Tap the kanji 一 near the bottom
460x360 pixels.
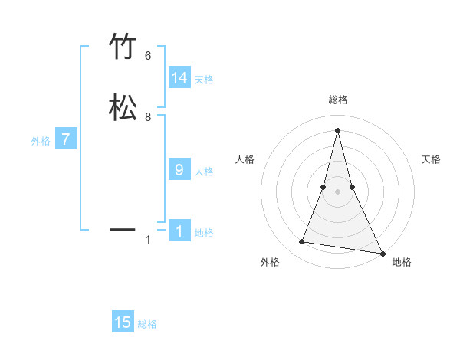pyautogui.click(x=123, y=229)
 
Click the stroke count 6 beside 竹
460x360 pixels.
pyautogui.click(x=148, y=55)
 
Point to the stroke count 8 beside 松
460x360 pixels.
pyautogui.click(x=148, y=117)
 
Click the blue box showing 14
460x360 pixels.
pyautogui.click(x=179, y=78)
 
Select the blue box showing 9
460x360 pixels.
pyautogui.click(x=179, y=170)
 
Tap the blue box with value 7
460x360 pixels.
pyautogui.click(x=66, y=139)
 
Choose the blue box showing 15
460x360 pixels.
pyautogui.click(x=123, y=322)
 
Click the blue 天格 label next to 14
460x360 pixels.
pyautogui.click(x=204, y=80)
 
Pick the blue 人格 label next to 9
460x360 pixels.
pyautogui.click(x=204, y=172)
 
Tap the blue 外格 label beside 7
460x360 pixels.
pyautogui.click(x=41, y=141)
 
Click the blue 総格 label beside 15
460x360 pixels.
pyautogui.click(x=147, y=324)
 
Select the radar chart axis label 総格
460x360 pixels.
pyautogui.click(x=337, y=100)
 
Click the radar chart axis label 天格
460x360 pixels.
pyautogui.click(x=431, y=159)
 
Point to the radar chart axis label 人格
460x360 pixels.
pyautogui.click(x=245, y=159)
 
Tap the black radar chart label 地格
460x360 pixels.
pyautogui.click(x=402, y=262)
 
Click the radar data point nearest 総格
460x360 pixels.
pyautogui.click(x=337, y=129)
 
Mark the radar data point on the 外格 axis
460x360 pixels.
pyautogui.click(x=302, y=242)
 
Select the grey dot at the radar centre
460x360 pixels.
pyautogui.click(x=337, y=191)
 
